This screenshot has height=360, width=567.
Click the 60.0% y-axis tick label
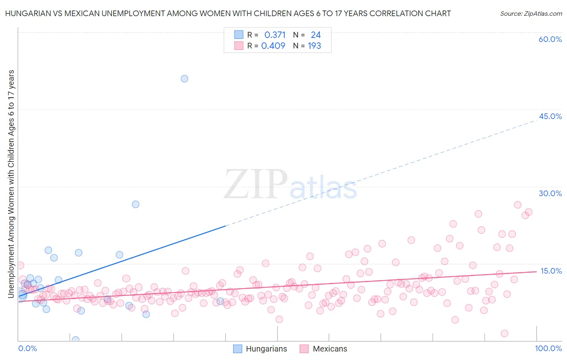[550, 40]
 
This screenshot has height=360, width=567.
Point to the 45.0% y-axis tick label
[550, 116]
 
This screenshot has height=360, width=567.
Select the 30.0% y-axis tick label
[550, 193]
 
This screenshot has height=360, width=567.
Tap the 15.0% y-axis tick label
[551, 271]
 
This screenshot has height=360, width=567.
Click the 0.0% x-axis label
[27, 348]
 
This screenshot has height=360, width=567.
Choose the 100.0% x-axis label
[548, 348]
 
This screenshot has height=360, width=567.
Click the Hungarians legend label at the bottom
[266, 349]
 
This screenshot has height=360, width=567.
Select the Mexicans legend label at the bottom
[329, 349]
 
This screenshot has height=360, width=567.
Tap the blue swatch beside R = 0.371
[239, 35]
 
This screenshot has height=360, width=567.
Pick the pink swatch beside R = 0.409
[239, 46]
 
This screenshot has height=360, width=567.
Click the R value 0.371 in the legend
[275, 35]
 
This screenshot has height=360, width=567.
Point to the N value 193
[315, 46]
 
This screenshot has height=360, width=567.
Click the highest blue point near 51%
[184, 79]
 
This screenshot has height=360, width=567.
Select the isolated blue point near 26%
[135, 204]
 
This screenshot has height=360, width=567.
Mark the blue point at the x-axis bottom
[75, 340]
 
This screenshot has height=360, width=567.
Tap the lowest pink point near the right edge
[504, 333]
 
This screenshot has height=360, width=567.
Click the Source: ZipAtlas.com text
[531, 14]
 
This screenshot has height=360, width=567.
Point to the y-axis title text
[11, 184]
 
